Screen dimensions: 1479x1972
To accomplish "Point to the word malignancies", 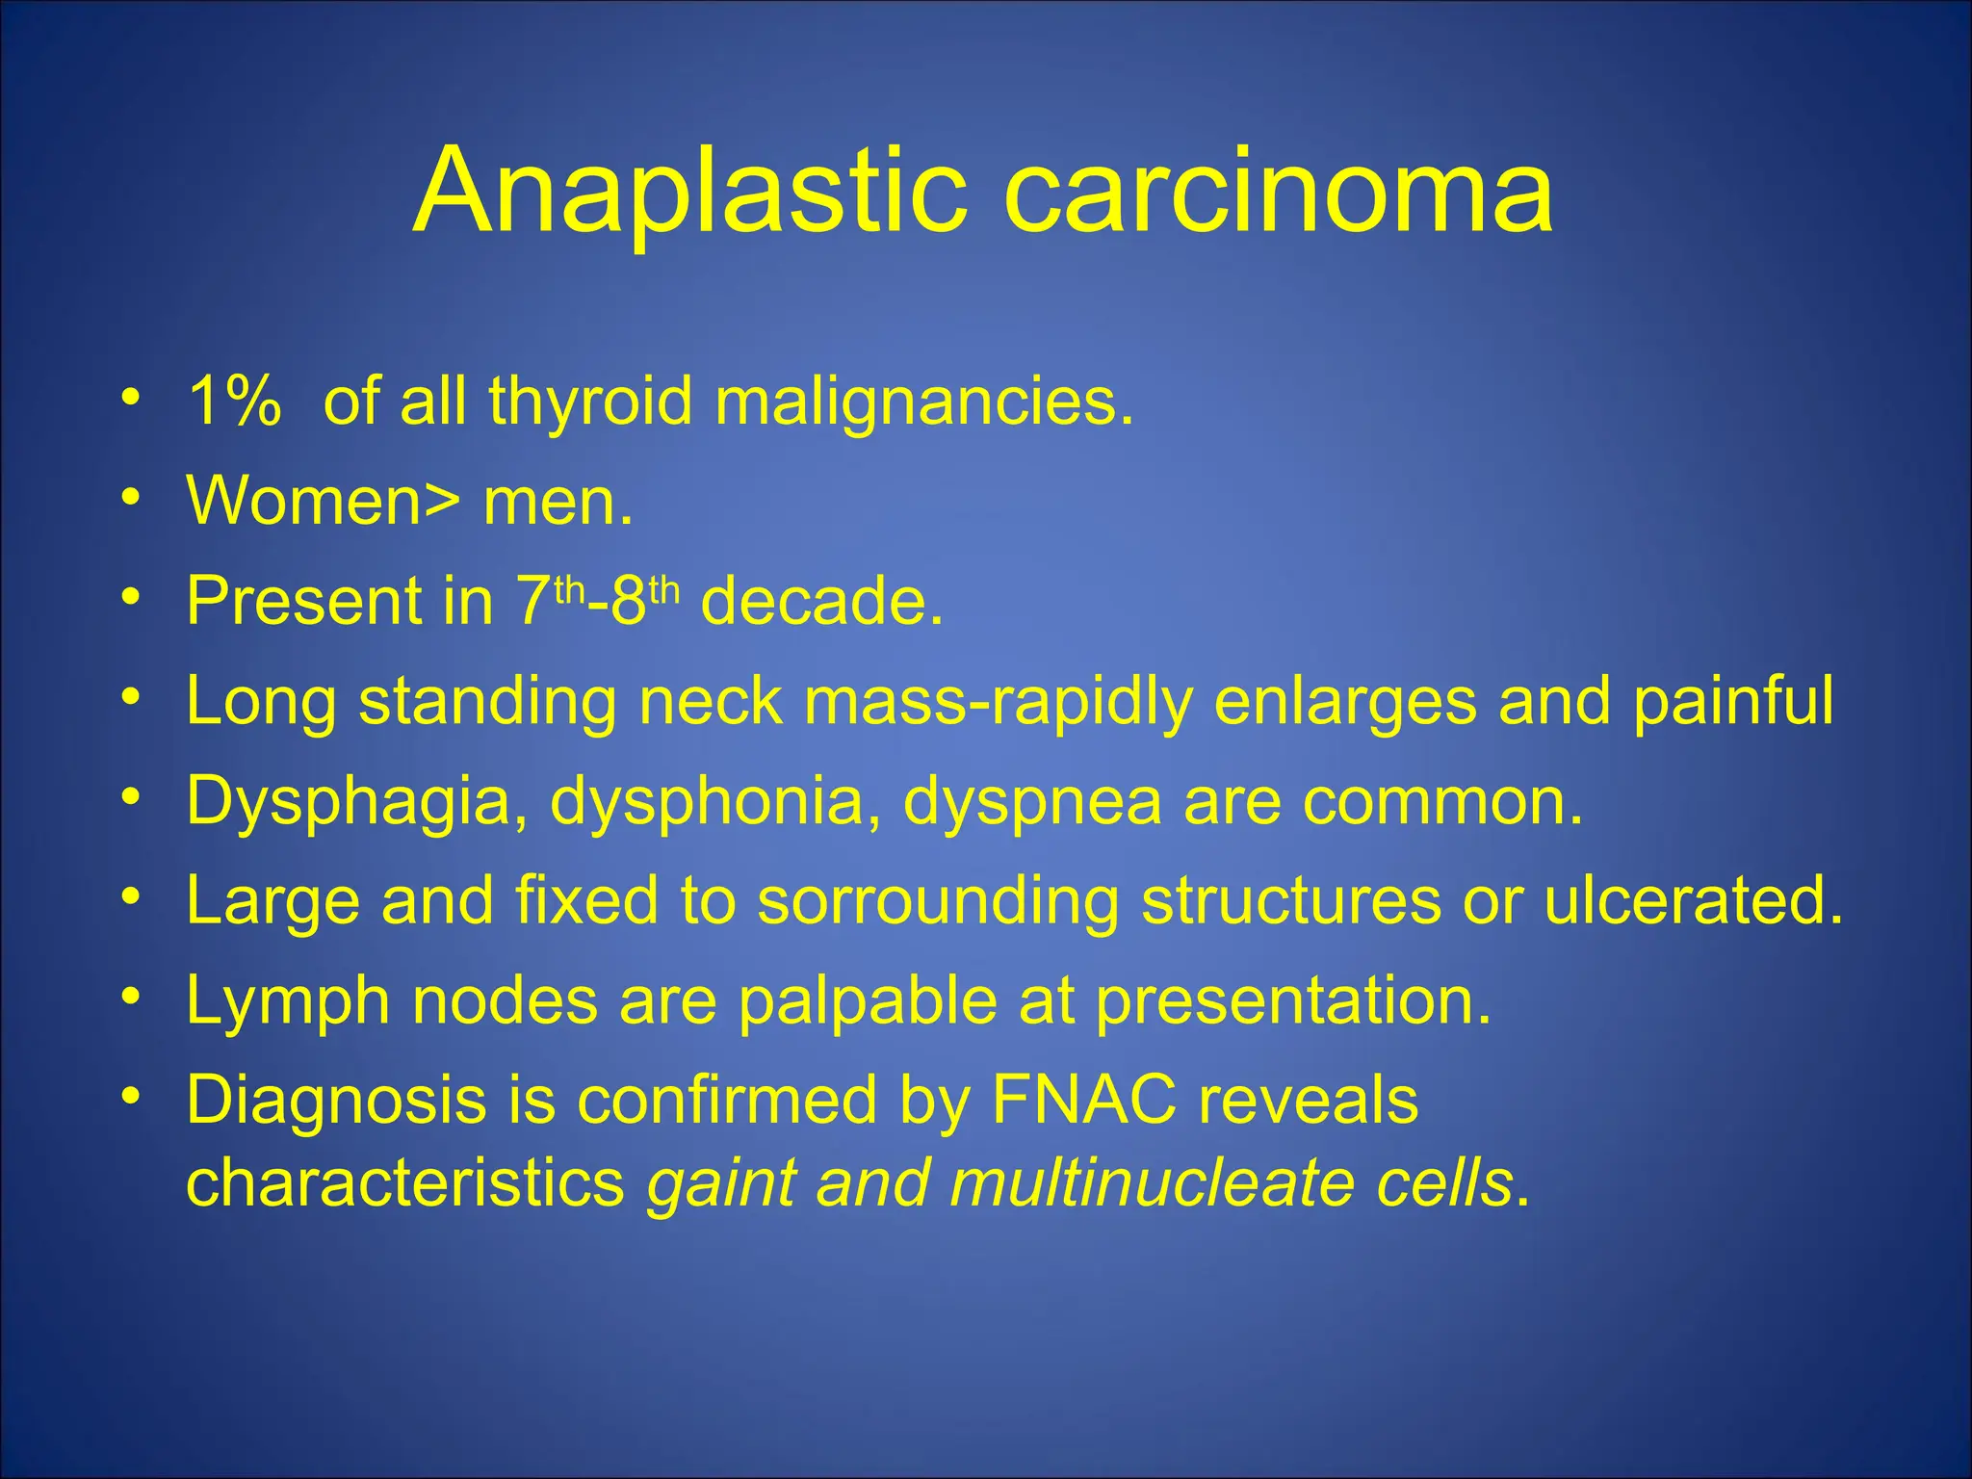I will [923, 402].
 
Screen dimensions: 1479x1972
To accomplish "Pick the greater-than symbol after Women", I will [442, 503].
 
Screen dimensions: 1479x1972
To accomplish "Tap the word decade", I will [820, 601].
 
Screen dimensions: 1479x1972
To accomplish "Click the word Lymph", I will [288, 1001].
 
